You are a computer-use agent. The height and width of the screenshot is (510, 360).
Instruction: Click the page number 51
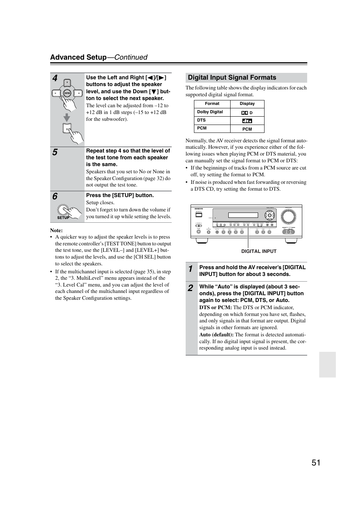[316, 463]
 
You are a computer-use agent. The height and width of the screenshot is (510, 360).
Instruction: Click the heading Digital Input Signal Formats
[232, 78]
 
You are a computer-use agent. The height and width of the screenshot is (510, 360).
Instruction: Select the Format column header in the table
[212, 104]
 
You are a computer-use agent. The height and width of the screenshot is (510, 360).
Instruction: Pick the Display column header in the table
[247, 104]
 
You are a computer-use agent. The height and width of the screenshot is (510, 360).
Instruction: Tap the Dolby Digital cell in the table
[210, 112]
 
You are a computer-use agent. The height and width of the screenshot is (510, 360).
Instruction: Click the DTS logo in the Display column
[247, 121]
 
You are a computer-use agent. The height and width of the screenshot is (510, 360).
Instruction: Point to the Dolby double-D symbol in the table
[245, 113]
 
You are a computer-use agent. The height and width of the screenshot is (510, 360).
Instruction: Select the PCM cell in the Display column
[247, 129]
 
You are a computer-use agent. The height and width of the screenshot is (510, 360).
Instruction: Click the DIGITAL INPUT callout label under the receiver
[259, 251]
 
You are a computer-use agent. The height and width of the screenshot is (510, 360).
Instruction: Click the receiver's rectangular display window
[243, 215]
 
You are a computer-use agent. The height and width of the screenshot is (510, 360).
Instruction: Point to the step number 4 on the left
[55, 79]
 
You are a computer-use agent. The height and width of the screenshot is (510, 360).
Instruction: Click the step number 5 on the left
[55, 152]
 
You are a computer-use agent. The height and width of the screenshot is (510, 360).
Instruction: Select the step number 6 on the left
[55, 197]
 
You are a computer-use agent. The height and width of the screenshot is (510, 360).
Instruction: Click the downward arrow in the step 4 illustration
[67, 117]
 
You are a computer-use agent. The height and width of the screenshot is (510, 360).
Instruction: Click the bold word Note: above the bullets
[57, 230]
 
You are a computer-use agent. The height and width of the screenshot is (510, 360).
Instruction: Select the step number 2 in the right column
[191, 288]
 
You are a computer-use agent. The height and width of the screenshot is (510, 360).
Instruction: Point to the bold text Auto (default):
[216, 334]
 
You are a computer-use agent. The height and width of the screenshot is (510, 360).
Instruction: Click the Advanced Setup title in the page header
[78, 57]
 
